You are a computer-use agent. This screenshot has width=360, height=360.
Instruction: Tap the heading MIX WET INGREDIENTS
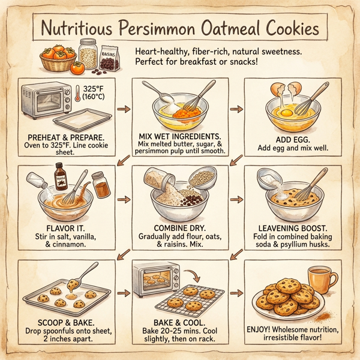[180, 136]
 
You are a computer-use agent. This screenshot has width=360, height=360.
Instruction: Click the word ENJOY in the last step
[262, 329]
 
